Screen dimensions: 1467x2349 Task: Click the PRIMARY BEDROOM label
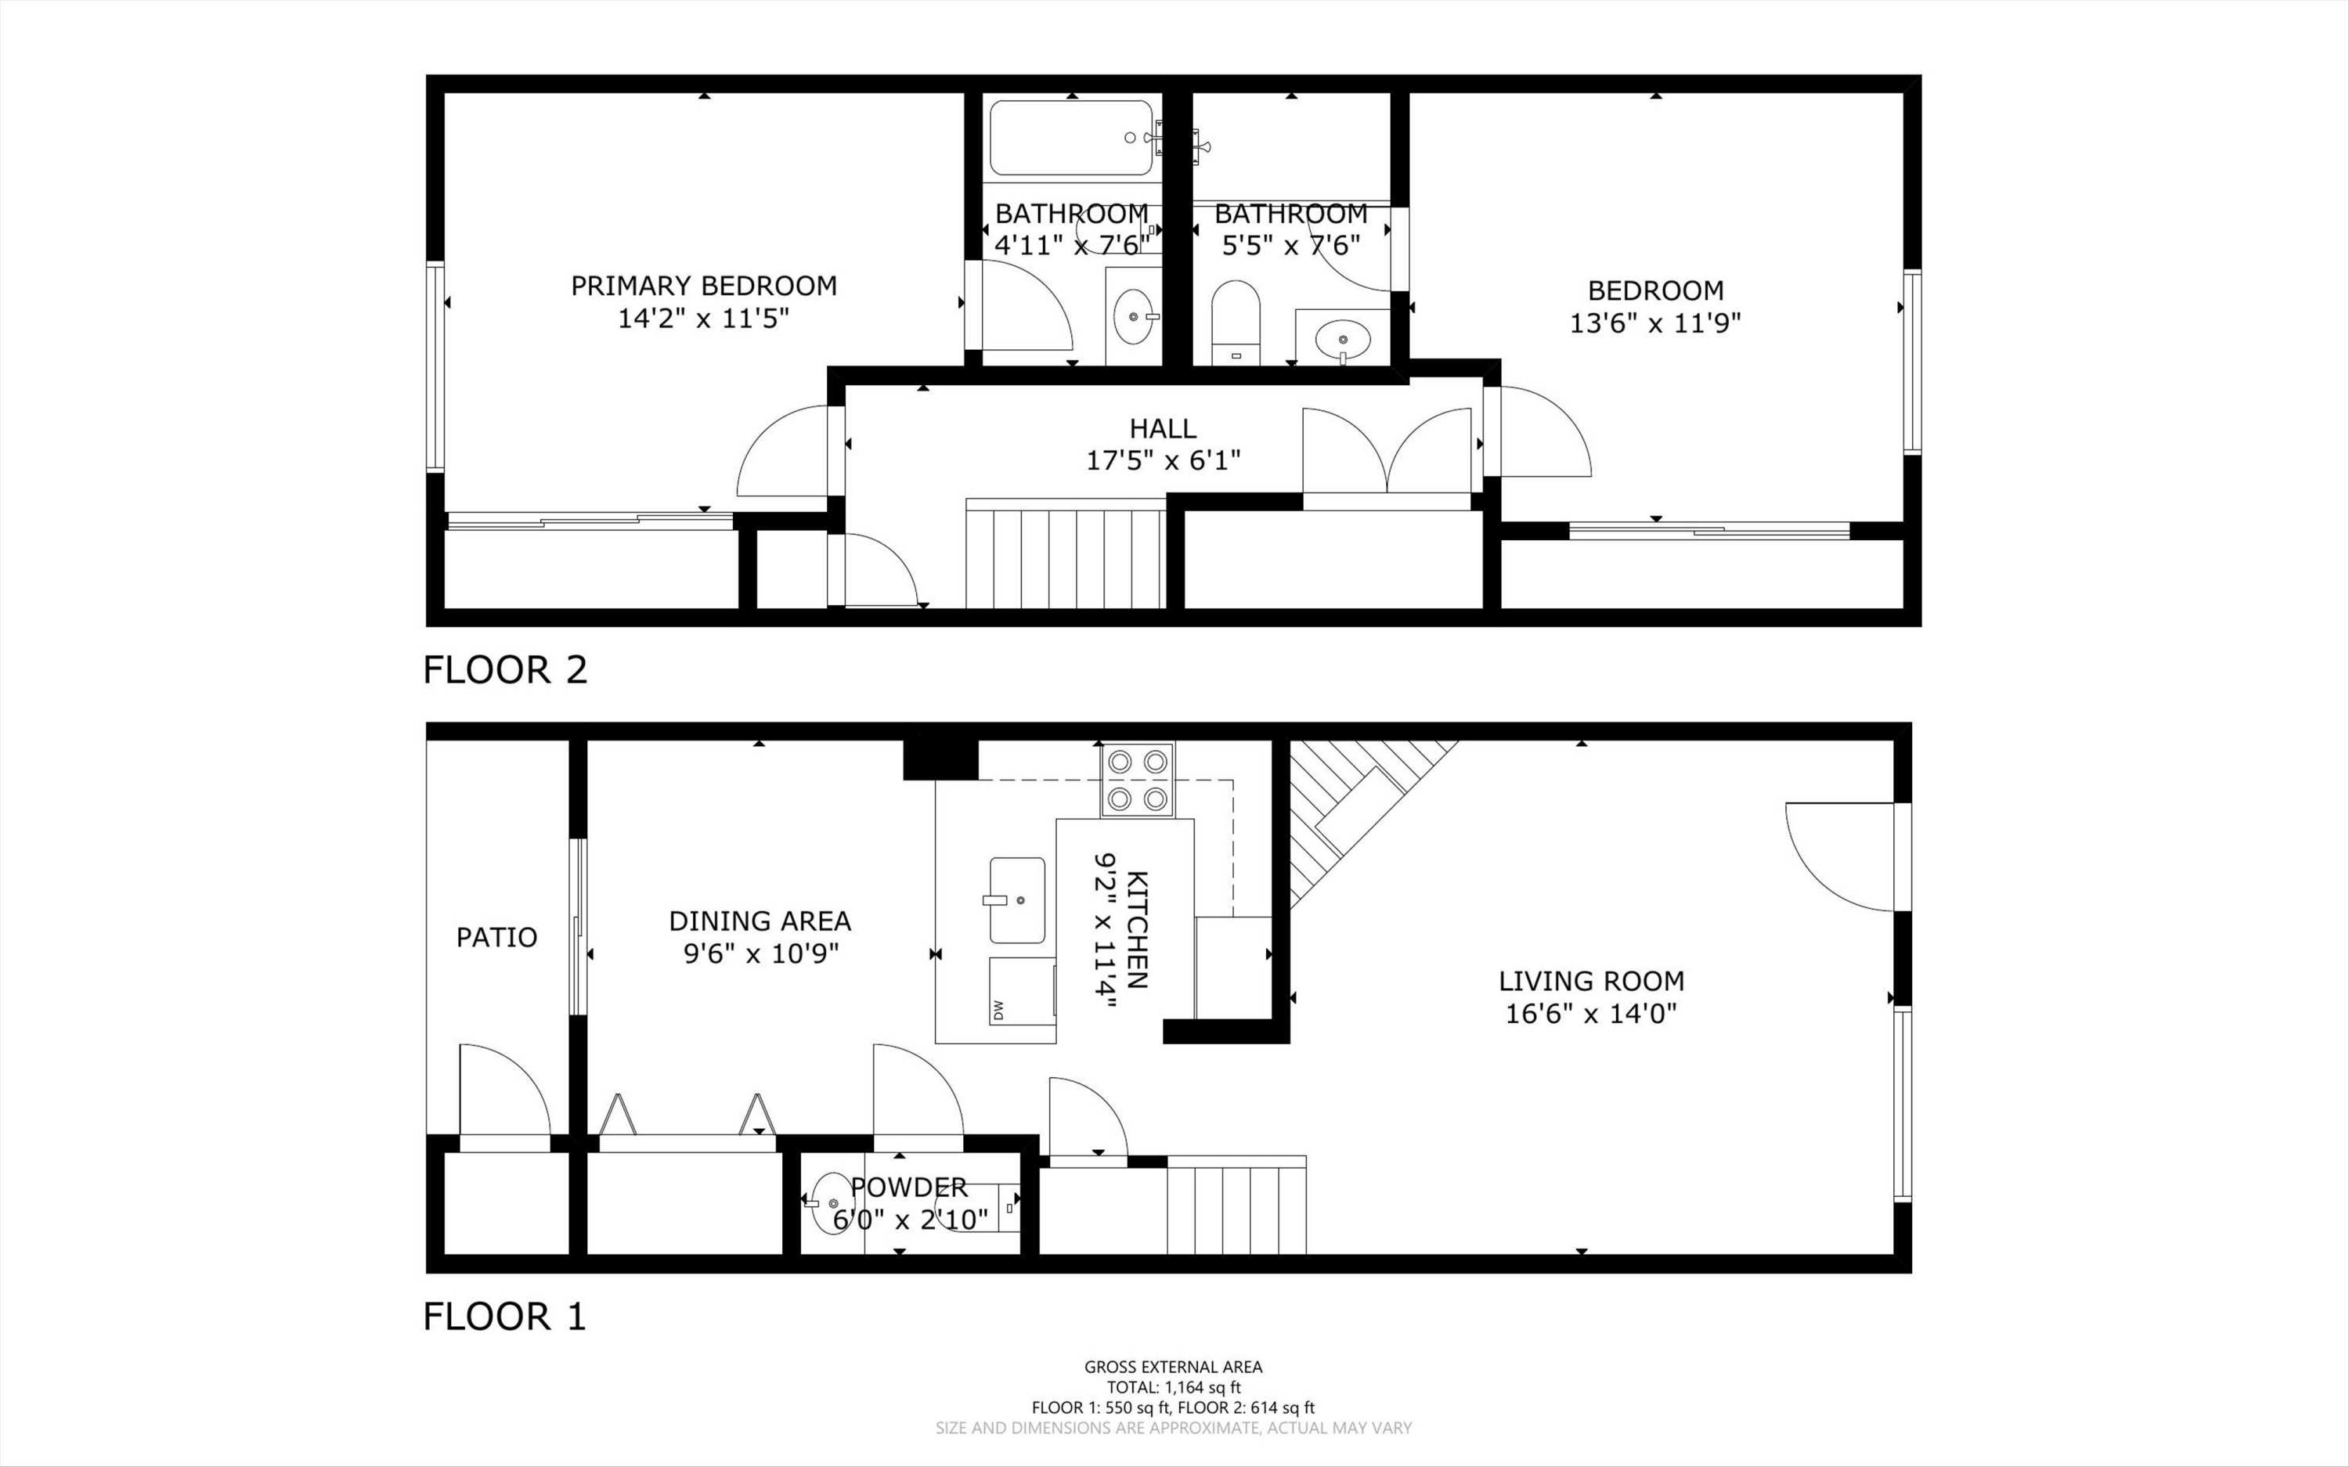[x=703, y=287]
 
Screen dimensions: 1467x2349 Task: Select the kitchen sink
[x=1017, y=899]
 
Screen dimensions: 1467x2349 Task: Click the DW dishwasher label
[x=998, y=1010]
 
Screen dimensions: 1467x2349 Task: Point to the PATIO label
[x=496, y=937]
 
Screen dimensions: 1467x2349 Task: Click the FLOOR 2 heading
[x=504, y=670]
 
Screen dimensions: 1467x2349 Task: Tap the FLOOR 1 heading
[x=504, y=1317]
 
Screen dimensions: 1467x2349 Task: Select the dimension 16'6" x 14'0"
[x=1591, y=1014]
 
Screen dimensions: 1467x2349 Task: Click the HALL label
[x=1163, y=428]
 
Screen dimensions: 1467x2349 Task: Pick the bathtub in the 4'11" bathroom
[x=1070, y=138]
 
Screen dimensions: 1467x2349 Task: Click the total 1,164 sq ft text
[x=1173, y=1387]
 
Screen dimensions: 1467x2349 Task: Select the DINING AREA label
[x=760, y=921]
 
